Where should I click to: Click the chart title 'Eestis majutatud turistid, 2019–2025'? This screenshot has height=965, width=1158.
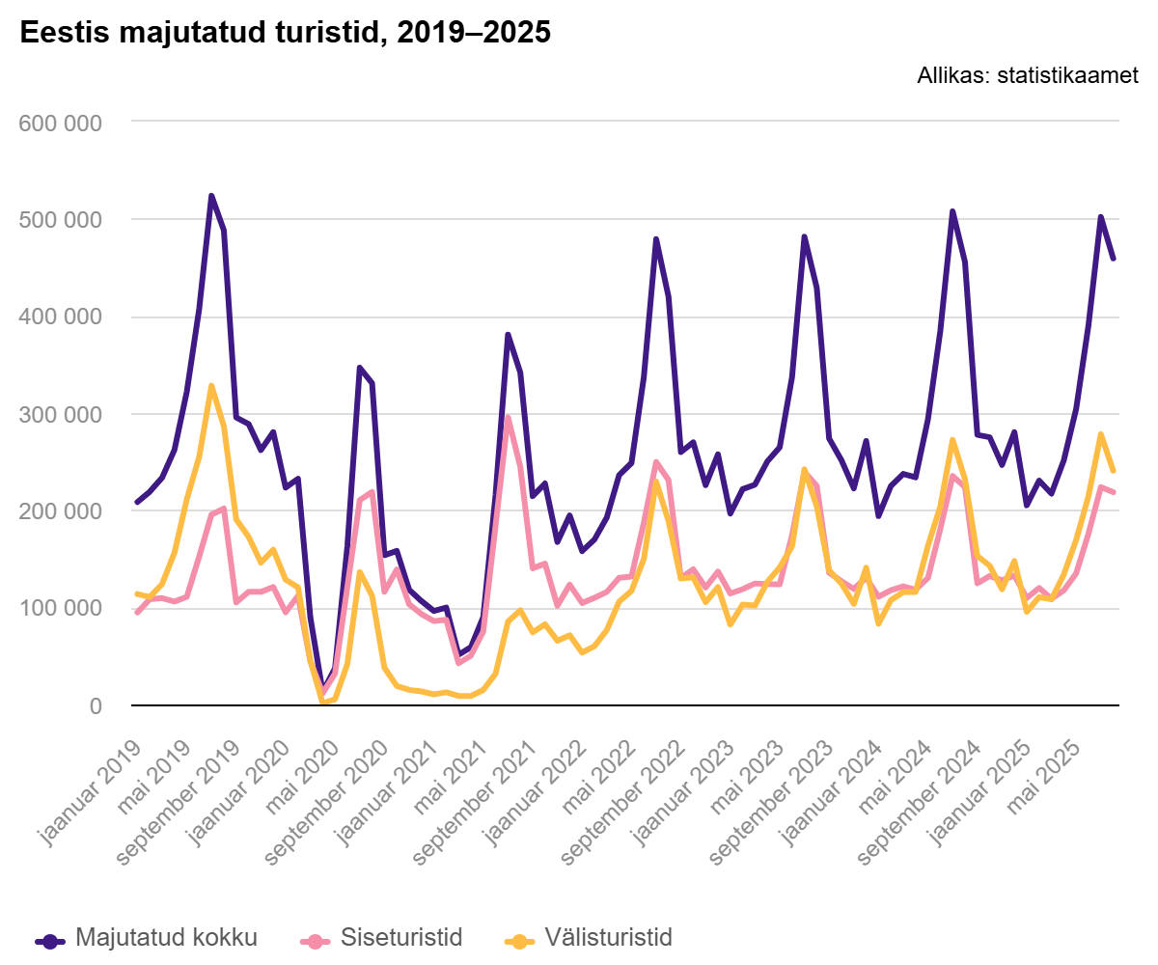(x=285, y=33)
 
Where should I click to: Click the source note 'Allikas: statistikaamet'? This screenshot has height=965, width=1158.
(x=1028, y=76)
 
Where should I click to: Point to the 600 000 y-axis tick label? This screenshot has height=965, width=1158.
(x=60, y=123)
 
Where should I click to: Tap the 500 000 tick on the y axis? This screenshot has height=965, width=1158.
(x=60, y=220)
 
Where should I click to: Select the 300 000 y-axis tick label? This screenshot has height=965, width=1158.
(x=60, y=415)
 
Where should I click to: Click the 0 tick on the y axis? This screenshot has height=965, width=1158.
(x=94, y=706)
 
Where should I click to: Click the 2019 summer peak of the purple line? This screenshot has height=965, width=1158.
(x=211, y=197)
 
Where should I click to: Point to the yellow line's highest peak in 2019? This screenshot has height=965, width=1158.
(x=211, y=386)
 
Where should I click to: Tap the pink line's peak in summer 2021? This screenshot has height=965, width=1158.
(x=508, y=418)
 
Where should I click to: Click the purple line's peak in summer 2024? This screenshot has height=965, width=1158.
(x=952, y=211)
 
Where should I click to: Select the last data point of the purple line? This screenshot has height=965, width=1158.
(x=1113, y=259)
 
